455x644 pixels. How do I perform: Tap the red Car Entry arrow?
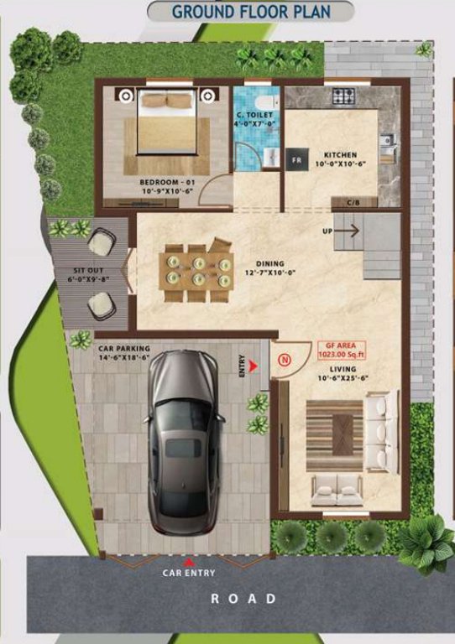(x=189, y=563)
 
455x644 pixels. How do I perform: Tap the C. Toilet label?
(x=251, y=119)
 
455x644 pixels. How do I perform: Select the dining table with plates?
(x=197, y=271)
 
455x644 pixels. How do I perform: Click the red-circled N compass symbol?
(x=284, y=360)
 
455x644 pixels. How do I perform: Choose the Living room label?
(x=343, y=374)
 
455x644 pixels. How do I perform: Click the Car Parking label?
(x=123, y=352)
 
